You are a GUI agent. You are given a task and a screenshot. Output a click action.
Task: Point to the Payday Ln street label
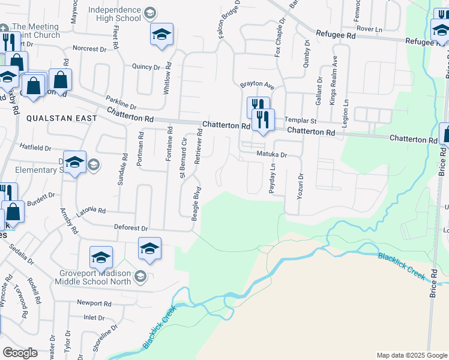click(272, 178)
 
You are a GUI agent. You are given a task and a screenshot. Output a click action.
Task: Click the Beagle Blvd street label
click(196, 203)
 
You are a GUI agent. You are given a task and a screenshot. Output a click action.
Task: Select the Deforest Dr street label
click(131, 229)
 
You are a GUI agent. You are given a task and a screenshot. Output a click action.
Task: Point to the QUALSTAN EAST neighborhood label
click(61, 119)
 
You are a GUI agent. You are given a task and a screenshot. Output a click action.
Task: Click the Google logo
click(20, 353)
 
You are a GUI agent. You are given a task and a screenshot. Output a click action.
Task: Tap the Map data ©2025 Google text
click(412, 356)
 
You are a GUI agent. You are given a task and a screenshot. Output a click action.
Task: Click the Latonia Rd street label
click(91, 211)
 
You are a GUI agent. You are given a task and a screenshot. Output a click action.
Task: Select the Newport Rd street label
click(94, 304)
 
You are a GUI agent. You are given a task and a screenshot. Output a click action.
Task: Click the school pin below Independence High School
click(161, 35)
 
